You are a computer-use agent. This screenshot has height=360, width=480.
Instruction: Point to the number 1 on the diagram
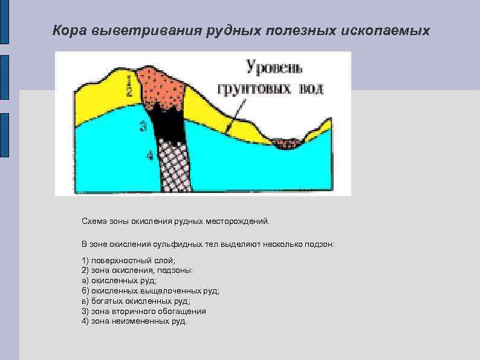click(129, 79)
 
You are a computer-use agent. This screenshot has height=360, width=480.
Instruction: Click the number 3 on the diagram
click(143, 126)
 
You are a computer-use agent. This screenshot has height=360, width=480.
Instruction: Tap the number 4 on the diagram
click(149, 156)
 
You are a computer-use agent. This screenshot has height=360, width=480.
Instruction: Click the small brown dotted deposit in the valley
click(287, 143)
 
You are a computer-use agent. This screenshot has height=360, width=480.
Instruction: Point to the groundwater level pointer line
click(235, 116)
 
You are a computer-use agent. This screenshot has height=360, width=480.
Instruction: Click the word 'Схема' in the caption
click(94, 222)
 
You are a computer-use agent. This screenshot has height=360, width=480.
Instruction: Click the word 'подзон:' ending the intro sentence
click(319, 244)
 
